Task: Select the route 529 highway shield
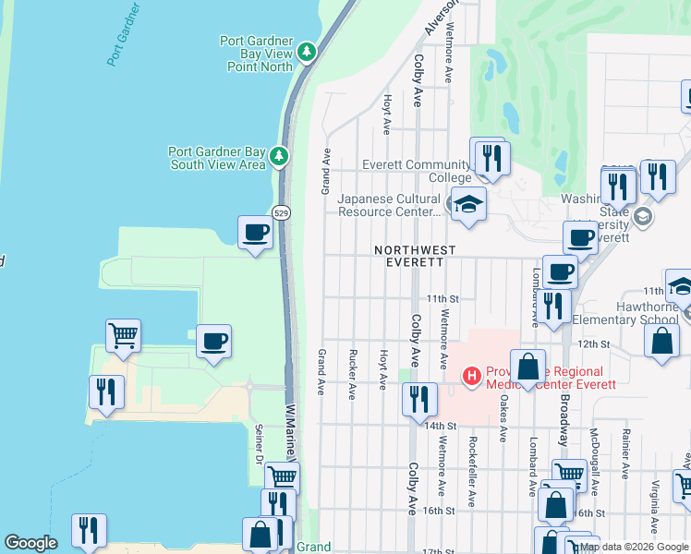click(x=283, y=211)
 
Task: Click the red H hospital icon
click(x=471, y=376)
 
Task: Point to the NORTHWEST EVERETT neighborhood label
click(x=415, y=256)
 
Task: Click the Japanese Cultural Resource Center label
click(x=389, y=205)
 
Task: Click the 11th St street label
click(x=442, y=298)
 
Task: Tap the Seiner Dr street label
click(x=258, y=443)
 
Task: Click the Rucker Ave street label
click(x=352, y=374)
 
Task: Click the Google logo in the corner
click(x=30, y=543)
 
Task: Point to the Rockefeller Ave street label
click(x=472, y=472)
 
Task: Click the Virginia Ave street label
click(x=654, y=509)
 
